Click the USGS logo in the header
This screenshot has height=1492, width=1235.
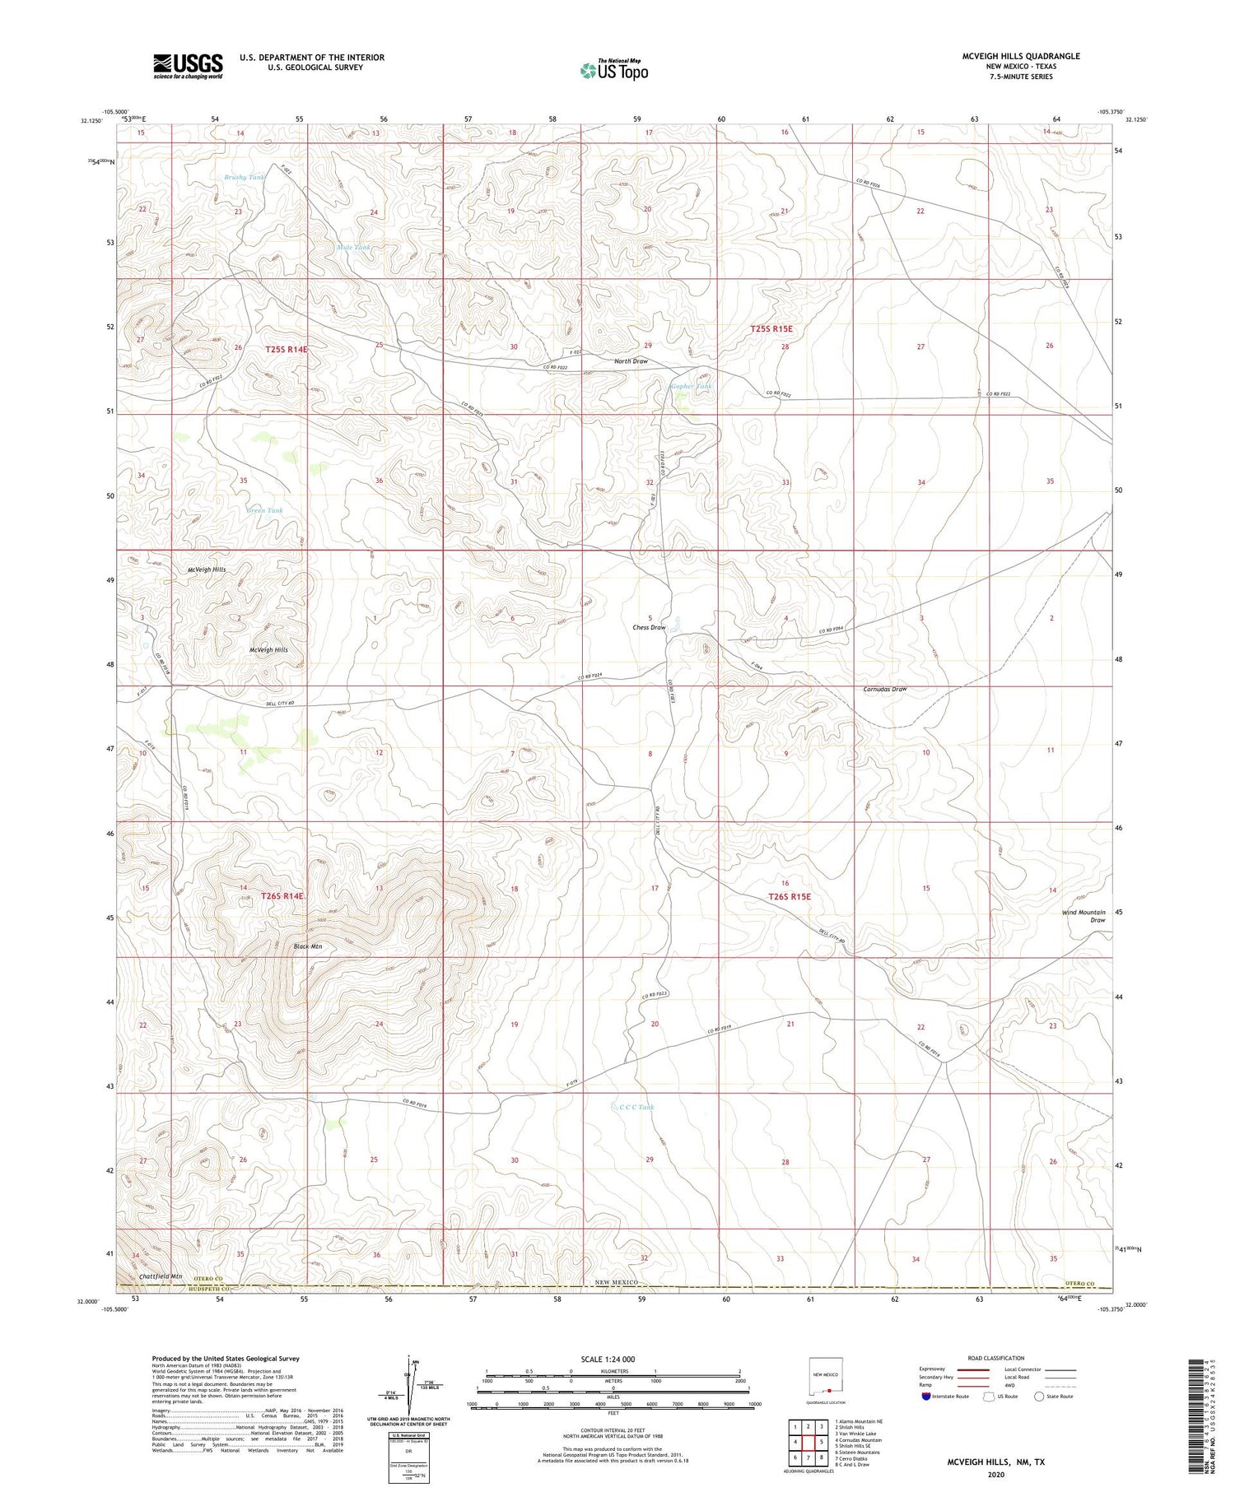tap(188, 66)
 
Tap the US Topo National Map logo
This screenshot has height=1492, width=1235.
tap(614, 71)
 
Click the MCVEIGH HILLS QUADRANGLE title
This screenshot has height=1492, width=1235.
tap(1021, 56)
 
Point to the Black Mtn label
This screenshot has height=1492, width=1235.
tap(308, 946)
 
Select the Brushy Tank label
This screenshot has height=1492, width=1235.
tap(245, 177)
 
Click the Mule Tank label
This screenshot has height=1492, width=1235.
tap(353, 247)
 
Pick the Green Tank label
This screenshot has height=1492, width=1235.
tap(264, 510)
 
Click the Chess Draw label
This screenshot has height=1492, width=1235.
tap(649, 627)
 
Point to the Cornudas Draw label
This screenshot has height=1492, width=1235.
tap(885, 689)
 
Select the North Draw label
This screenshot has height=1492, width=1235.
tap(631, 361)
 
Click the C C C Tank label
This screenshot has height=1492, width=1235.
tap(637, 1107)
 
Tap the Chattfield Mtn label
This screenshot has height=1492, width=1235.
tap(161, 1276)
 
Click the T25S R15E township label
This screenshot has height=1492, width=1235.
tap(771, 328)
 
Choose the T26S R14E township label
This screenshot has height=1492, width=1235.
tap(282, 895)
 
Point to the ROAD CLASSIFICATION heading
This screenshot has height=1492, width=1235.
tap(996, 1358)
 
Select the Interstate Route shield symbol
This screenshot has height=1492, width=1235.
tap(926, 1396)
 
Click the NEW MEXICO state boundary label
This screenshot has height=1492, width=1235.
tap(616, 1282)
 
